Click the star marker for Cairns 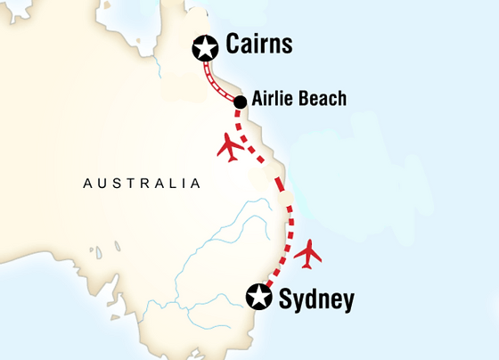tap(206, 48)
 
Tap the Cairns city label tap(258, 45)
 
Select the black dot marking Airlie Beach tap(241, 102)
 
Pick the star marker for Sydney tap(259, 296)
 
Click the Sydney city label tap(316, 299)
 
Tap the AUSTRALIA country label tap(141, 184)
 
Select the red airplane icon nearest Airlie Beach tap(231, 147)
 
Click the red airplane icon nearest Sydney tap(308, 253)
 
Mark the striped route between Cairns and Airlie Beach tap(220, 78)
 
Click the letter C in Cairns tap(234, 45)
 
